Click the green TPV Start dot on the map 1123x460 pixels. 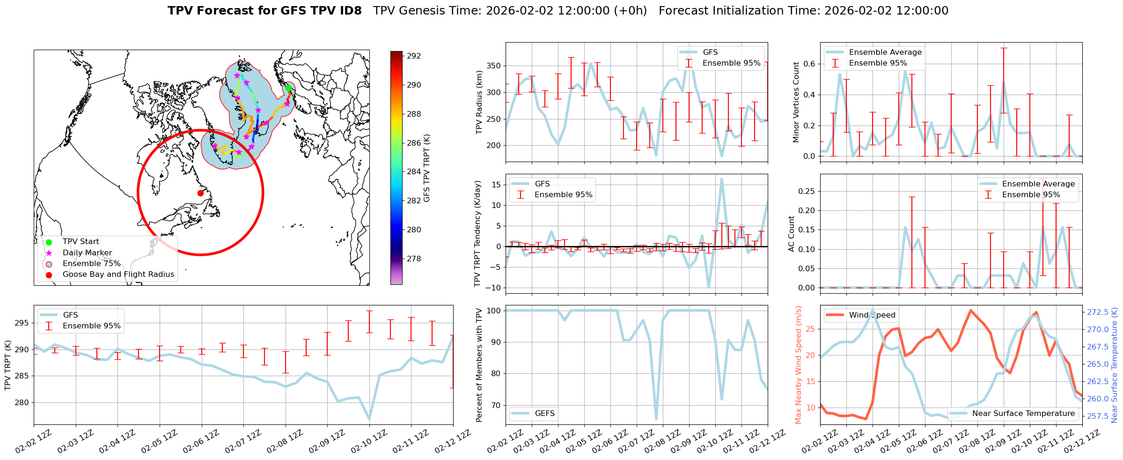(288, 88)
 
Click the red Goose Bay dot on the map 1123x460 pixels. (200, 193)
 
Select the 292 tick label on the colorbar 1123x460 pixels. (414, 56)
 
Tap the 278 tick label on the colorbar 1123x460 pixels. (414, 259)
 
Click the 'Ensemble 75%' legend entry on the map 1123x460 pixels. (91, 264)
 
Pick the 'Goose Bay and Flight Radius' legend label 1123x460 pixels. (118, 275)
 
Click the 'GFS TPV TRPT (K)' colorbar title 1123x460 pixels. (426, 168)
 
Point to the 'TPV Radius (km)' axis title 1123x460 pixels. (479, 102)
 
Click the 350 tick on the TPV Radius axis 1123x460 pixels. (494, 66)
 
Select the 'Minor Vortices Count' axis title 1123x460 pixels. (796, 102)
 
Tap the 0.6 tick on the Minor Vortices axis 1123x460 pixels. (809, 64)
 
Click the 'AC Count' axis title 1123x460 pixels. (792, 234)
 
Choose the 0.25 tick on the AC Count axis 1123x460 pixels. (805, 191)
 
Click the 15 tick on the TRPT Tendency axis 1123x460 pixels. (496, 185)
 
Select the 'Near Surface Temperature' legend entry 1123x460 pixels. (1023, 414)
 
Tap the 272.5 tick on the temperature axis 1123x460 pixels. (1097, 312)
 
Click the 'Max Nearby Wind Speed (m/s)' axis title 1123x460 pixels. (798, 365)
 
